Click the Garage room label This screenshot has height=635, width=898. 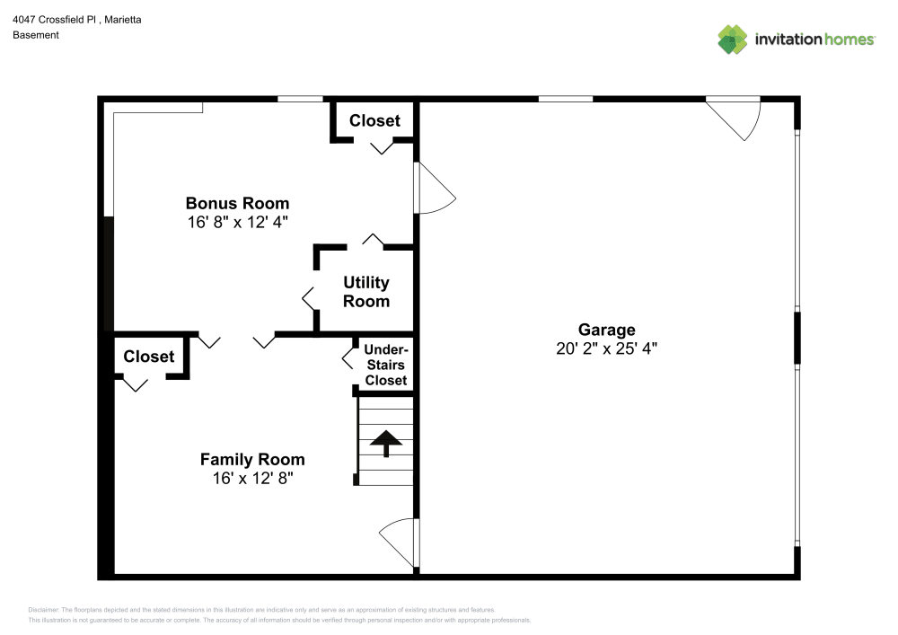click(606, 330)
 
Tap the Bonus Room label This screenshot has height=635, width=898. click(237, 203)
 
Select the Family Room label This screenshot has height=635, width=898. click(252, 459)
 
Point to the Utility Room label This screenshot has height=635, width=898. click(366, 291)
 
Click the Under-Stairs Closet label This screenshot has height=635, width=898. click(386, 365)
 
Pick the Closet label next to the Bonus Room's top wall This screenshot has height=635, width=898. click(374, 121)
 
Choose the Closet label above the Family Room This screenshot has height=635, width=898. click(149, 357)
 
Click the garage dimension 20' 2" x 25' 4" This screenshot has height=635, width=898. click(606, 348)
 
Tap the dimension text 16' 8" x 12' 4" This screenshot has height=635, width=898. click(237, 222)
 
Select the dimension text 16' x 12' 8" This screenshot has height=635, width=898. click(252, 478)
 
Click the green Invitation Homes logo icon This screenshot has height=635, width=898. click(733, 40)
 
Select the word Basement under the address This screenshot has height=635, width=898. click(36, 35)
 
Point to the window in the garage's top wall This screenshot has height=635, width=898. click(566, 99)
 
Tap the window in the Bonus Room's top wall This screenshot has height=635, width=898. click(301, 99)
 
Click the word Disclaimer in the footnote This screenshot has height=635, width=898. click(43, 610)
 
